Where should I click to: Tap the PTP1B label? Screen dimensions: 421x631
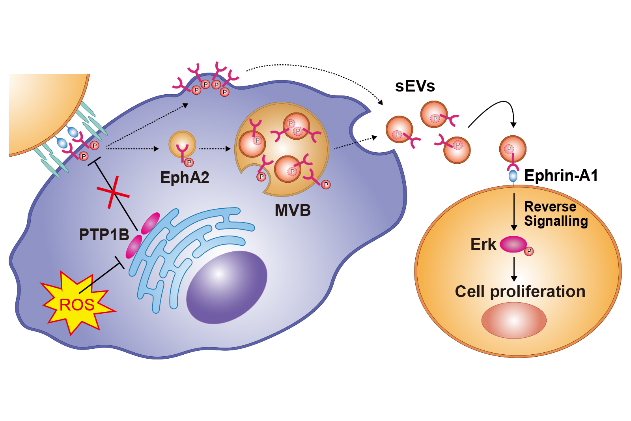pos(104,235)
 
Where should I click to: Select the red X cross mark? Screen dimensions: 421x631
pos(113,192)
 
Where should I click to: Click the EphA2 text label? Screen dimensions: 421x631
pos(185,178)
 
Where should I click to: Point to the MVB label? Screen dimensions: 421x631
pos(293,210)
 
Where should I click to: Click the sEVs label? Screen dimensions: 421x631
pos(415,86)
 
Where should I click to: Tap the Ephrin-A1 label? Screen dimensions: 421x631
pos(561,176)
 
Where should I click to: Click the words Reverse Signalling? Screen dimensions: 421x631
pos(556,214)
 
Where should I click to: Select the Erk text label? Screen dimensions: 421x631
pos(483,244)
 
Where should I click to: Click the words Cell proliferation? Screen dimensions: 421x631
pos(520,292)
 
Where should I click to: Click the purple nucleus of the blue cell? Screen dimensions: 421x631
pos(226,287)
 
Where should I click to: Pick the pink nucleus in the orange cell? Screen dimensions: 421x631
pos(513,320)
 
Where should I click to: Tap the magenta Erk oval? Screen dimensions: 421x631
pos(513,244)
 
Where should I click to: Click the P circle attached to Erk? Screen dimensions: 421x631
pos(529,251)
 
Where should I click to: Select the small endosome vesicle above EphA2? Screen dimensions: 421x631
pos(182,144)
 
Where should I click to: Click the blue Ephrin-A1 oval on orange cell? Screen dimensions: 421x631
pos(513,176)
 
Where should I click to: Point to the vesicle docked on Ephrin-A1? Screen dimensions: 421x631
pos(513,149)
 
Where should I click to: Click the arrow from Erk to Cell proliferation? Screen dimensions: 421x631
pos(514,269)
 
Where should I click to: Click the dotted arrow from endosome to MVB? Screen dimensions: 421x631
pos(215,149)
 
